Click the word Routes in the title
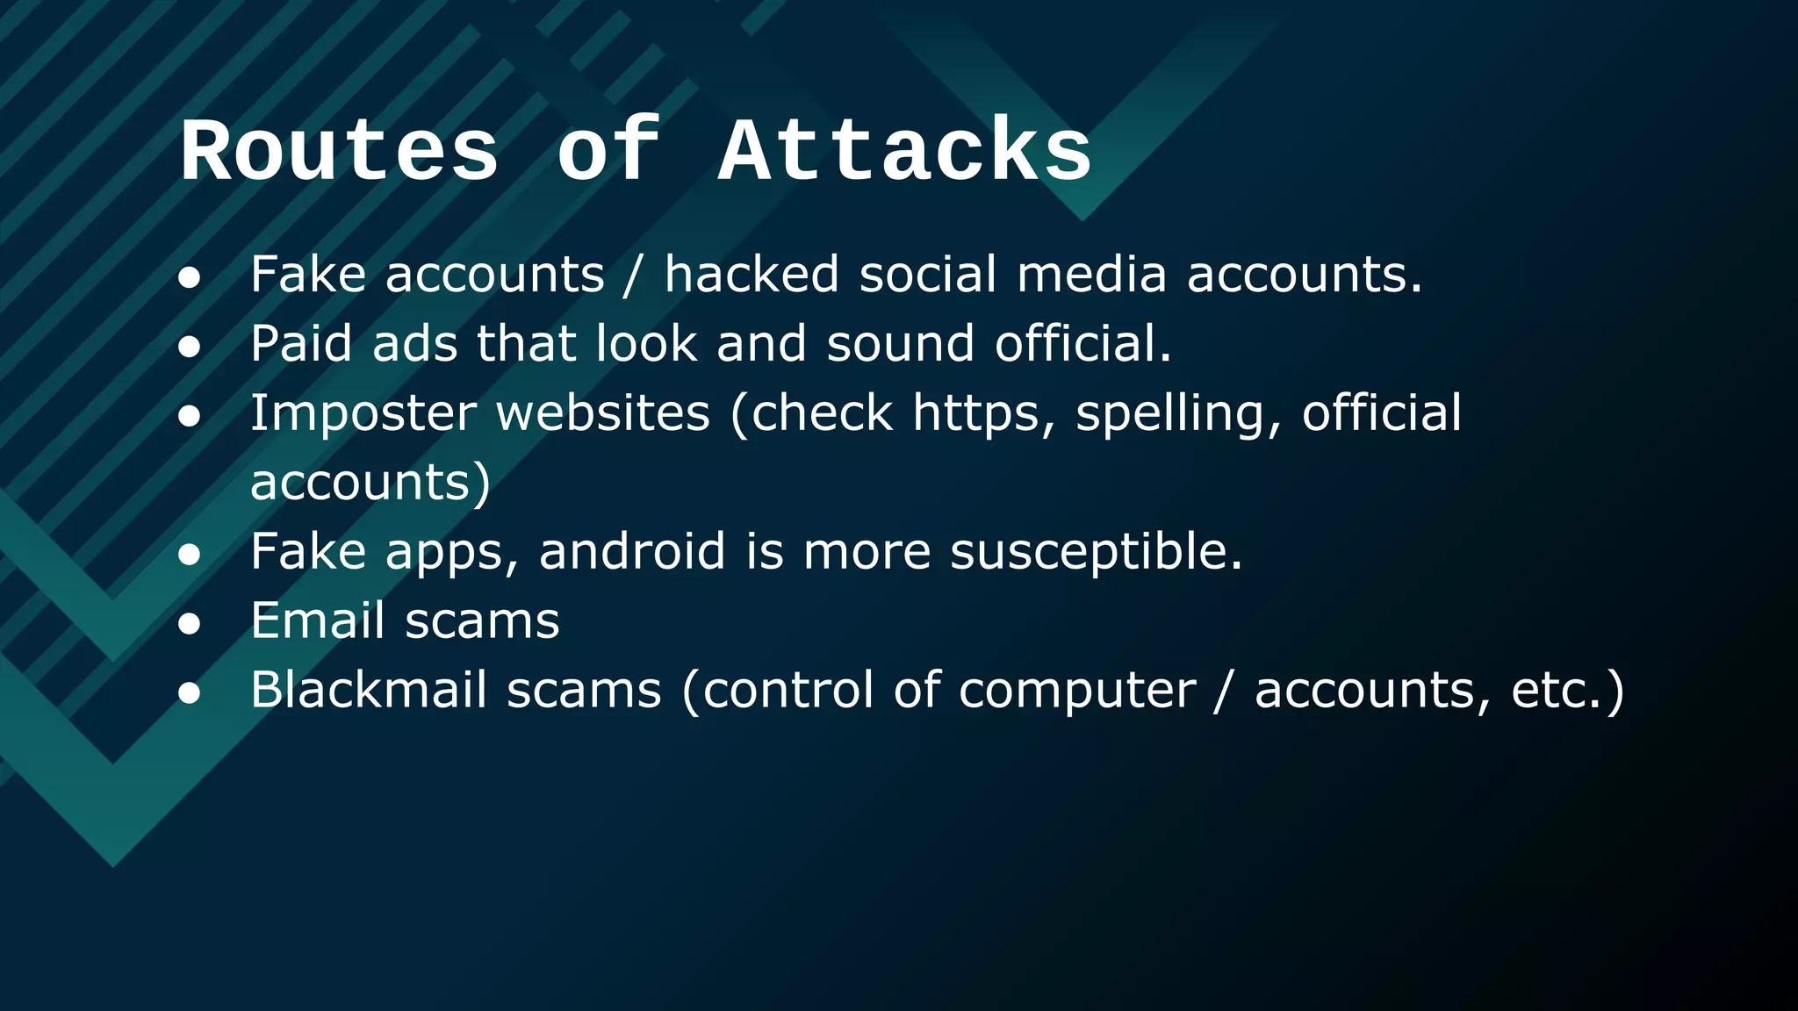click(x=340, y=153)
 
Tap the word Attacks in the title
click(x=905, y=153)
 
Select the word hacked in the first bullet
click(x=752, y=274)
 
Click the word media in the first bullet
click(x=1091, y=274)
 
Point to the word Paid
click(x=301, y=343)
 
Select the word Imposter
click(x=363, y=413)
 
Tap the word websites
click(x=603, y=413)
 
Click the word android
click(x=632, y=551)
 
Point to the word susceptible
click(x=1096, y=553)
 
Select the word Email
click(x=318, y=620)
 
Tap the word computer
click(x=1077, y=692)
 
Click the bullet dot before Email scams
click(x=190, y=624)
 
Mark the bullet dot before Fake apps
click(x=190, y=555)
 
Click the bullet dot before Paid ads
click(x=190, y=347)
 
